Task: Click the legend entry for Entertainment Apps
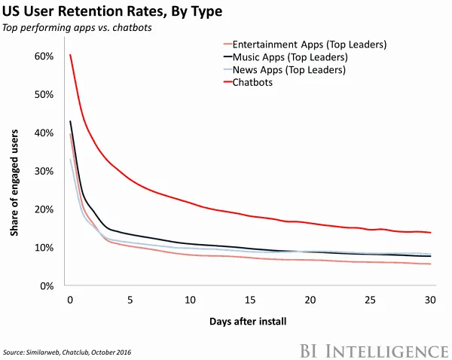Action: pos(310,44)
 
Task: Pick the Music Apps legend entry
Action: pos(290,57)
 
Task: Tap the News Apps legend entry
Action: pos(289,70)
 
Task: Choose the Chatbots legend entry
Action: pos(252,82)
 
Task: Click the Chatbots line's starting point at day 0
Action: pos(70,55)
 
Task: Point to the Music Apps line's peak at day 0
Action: pos(70,121)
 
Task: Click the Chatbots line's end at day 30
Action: pos(429,233)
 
